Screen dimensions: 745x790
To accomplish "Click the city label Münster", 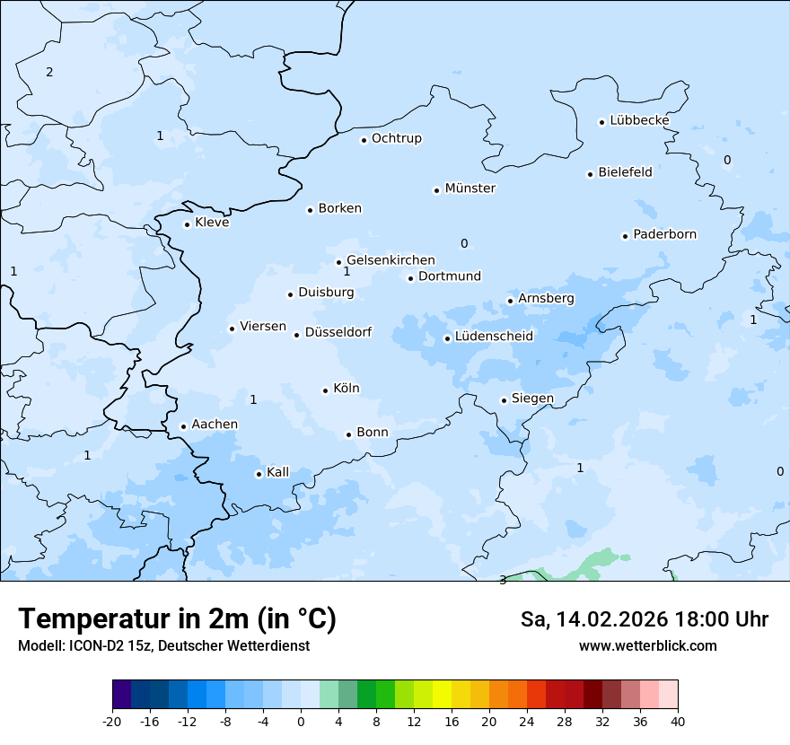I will [x=470, y=188].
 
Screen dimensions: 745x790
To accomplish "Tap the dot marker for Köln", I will [x=325, y=390].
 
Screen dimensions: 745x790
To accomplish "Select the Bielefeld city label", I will [x=625, y=171].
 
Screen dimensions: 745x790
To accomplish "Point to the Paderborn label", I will [x=664, y=234].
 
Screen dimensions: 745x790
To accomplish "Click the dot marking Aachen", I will [x=183, y=427].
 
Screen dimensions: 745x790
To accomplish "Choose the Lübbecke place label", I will [x=639, y=120].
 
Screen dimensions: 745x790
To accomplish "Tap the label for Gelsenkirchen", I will [x=391, y=260].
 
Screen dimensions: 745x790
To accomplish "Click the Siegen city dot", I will [x=504, y=400].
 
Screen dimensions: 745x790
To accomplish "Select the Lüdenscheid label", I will [x=494, y=337].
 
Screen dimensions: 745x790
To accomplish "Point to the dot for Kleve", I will [x=187, y=224].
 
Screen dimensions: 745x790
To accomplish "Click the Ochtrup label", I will [x=396, y=138].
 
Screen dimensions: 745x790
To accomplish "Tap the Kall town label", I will [x=277, y=472].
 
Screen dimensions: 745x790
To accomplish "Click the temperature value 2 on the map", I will [x=49, y=72].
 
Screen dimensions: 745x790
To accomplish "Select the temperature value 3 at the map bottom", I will [x=503, y=580].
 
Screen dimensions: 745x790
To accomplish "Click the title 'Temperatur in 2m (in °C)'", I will [x=177, y=619].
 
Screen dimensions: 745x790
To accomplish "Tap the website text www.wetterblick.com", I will [x=647, y=646].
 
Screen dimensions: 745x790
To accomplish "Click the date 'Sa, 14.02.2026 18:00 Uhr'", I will [x=644, y=619].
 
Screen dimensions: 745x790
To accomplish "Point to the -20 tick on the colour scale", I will [x=112, y=721].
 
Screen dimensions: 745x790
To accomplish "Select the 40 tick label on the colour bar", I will [x=678, y=721].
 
